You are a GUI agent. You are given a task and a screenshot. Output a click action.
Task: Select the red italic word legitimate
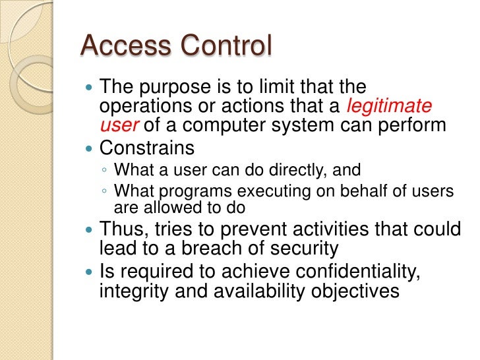[390, 106]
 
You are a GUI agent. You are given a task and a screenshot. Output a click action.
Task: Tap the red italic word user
[114, 125]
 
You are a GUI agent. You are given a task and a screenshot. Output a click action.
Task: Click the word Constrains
[146, 147]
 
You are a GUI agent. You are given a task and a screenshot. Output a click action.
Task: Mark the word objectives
[356, 290]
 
